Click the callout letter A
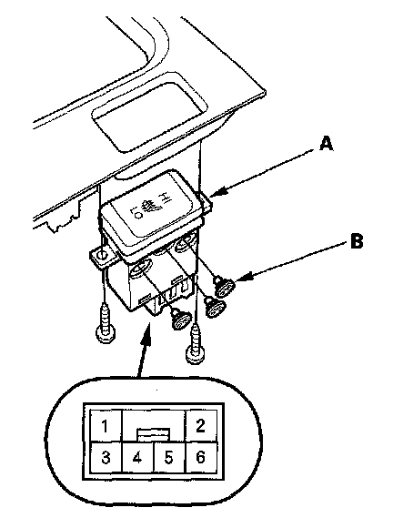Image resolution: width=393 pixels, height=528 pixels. coord(326,144)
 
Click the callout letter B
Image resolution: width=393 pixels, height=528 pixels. coord(357,241)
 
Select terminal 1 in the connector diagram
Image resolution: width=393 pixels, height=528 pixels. coord(106,426)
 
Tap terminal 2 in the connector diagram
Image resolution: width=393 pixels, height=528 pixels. coord(201,426)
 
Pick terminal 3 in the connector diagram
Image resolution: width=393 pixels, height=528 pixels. coord(106,457)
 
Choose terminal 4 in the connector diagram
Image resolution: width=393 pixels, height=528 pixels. coord(137,457)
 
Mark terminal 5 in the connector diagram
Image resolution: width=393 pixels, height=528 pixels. coord(169,457)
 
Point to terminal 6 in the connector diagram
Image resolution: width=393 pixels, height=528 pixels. coord(201,457)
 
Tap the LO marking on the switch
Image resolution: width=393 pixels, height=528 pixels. coord(135,212)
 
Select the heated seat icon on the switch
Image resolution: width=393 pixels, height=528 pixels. coord(149,205)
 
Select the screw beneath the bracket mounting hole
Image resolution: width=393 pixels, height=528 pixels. coord(106,322)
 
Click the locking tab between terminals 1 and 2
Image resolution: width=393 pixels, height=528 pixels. coord(153,434)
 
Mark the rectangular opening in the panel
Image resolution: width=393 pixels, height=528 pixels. coord(150,114)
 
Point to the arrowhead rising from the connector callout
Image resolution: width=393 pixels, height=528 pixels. coord(147,334)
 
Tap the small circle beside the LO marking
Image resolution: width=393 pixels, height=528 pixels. coord(137,215)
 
